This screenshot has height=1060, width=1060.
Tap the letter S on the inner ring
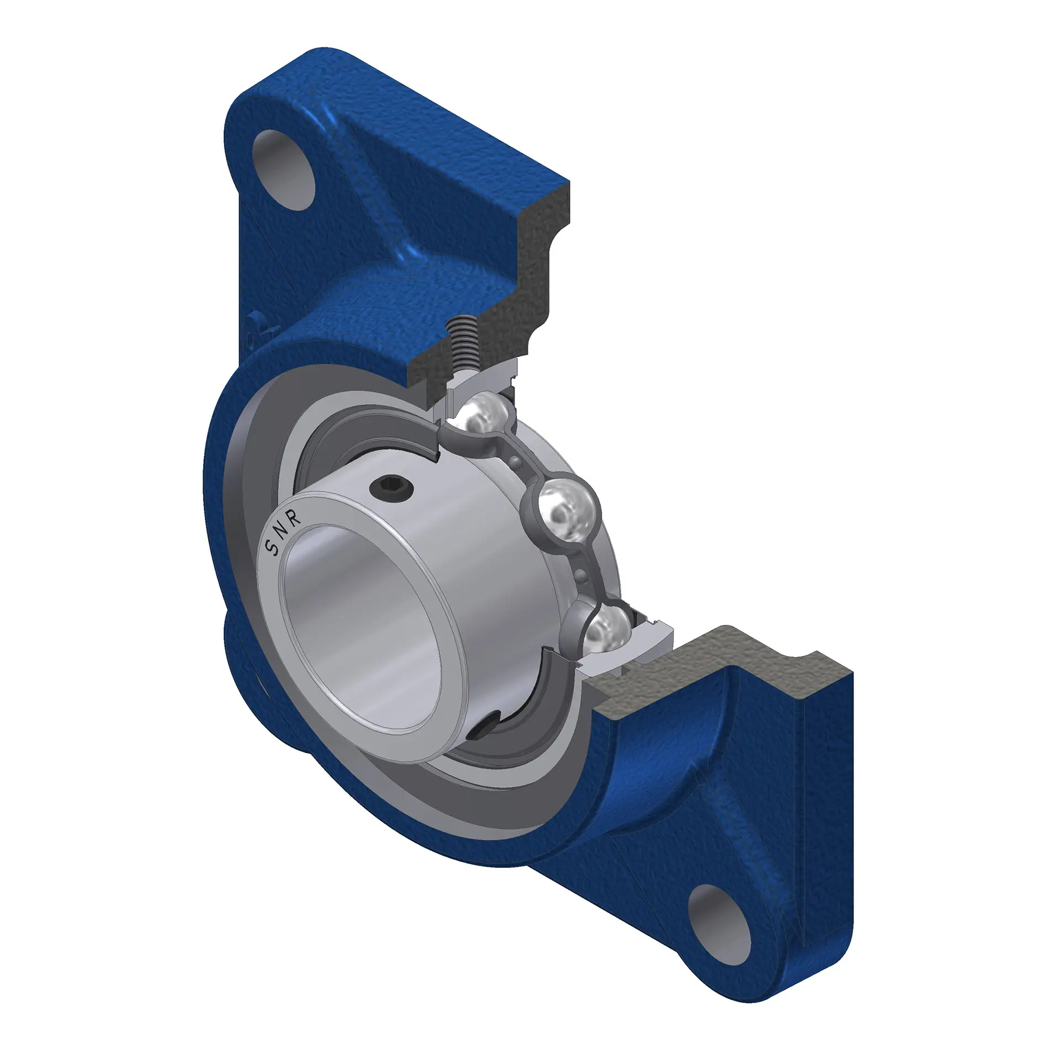pyautogui.click(x=272, y=547)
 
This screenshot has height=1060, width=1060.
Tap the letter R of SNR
pyautogui.click(x=295, y=518)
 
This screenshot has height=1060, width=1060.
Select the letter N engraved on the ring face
pyautogui.click(x=283, y=531)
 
